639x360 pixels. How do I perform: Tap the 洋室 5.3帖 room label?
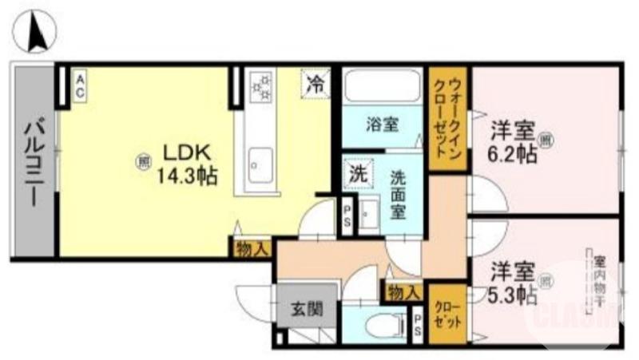512,282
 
